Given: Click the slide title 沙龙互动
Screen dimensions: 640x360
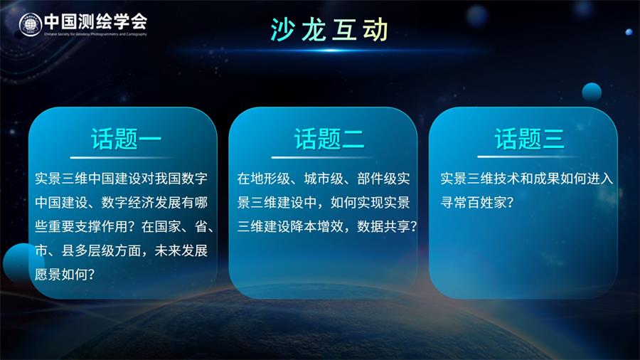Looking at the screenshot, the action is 329,30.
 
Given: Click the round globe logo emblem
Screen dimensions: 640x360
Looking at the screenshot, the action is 30,24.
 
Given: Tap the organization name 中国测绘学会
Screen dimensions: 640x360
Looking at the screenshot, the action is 95,21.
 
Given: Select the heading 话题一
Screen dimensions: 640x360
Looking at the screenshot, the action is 126,139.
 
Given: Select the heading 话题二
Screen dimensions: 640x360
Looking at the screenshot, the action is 329,139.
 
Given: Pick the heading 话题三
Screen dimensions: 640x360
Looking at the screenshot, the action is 529,139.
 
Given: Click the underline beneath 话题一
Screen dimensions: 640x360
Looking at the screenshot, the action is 122,157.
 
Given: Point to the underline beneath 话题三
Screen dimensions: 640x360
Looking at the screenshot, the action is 528,157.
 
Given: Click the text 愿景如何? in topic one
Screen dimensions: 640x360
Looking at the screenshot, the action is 65,274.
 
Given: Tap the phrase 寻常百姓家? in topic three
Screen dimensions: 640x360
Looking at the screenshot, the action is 476,202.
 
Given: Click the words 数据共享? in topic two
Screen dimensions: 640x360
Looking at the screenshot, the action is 387,226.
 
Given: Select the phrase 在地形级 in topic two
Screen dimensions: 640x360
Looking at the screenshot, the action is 264,179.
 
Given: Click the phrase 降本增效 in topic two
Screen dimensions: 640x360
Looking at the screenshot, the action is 316,226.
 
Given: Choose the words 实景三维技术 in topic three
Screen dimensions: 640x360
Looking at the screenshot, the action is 480,179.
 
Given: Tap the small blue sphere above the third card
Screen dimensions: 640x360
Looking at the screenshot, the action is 592,92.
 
